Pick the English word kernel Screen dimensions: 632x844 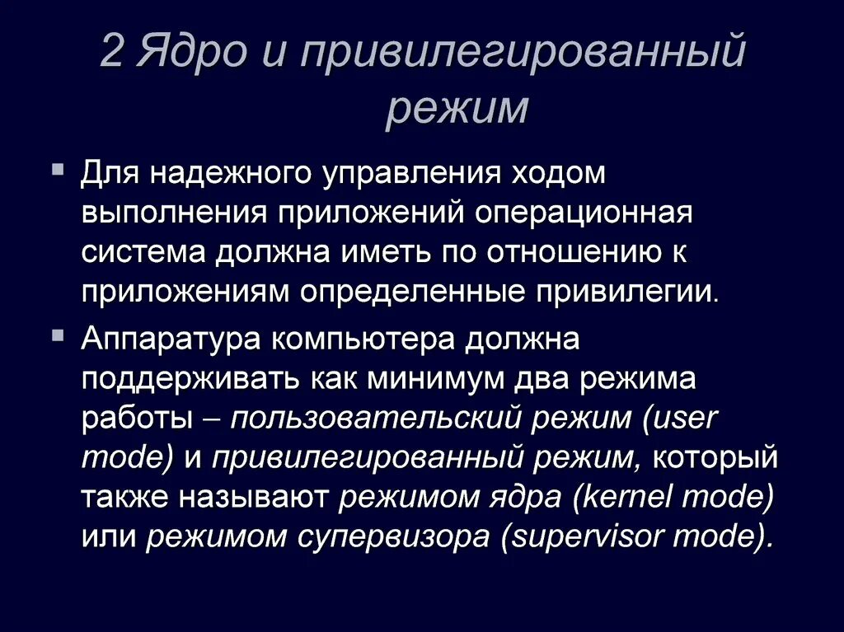click(631, 498)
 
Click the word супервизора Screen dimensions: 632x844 click(399, 537)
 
